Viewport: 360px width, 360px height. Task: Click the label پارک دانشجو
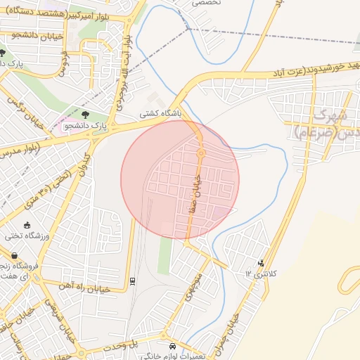86,127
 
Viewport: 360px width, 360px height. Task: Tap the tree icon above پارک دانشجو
86,114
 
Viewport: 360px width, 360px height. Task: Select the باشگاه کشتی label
160,112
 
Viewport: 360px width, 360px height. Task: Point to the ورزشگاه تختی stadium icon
27,226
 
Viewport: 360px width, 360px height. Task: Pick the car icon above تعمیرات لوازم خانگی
174,346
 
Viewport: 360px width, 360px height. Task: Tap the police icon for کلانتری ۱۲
262,263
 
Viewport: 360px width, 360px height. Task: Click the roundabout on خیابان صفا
200,153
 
